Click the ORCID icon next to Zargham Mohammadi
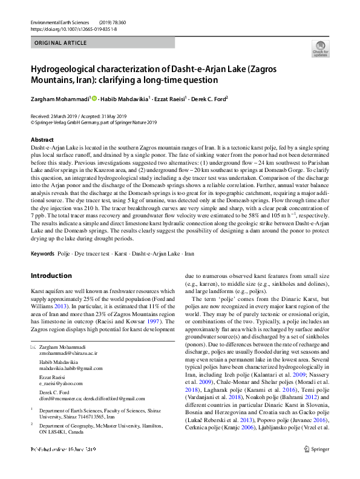tap(94, 98)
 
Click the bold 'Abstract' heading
tap(42, 140)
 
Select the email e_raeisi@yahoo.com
tap(62, 383)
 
